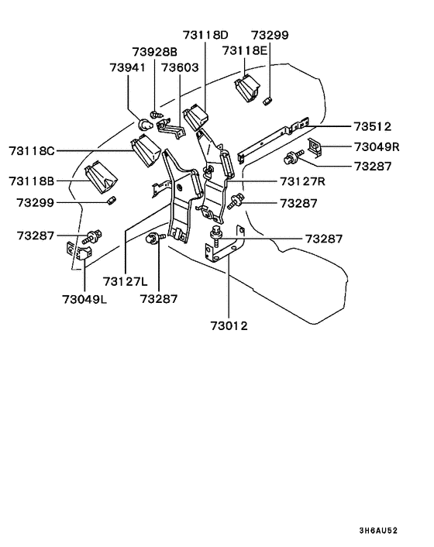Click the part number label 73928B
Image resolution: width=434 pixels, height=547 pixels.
point(155,52)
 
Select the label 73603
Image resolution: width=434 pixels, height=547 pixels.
point(181,68)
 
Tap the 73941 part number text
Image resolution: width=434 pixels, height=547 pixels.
point(127,68)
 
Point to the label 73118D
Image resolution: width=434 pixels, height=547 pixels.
point(206,35)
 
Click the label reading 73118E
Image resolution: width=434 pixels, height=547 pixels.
point(245,50)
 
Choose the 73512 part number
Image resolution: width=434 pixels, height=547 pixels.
point(373,126)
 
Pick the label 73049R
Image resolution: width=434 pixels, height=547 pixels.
point(376,146)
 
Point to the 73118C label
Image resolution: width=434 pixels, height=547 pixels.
point(33,150)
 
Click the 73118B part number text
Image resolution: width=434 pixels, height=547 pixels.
point(33,181)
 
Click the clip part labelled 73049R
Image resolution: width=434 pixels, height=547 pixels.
point(316,146)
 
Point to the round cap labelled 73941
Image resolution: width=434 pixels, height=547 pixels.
point(144,124)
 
